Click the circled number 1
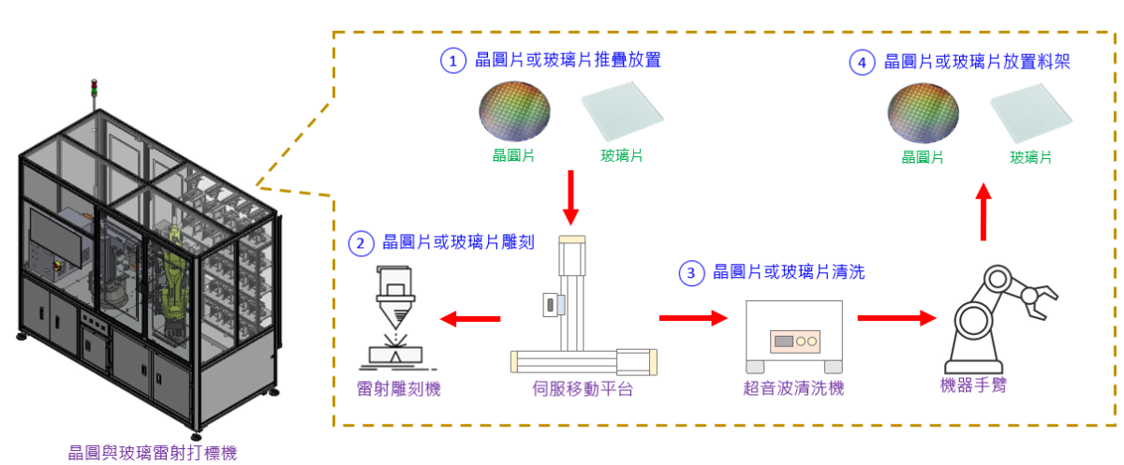[x=453, y=62]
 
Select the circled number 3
[x=691, y=273]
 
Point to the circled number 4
[x=862, y=63]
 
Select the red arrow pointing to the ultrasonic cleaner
[x=693, y=318]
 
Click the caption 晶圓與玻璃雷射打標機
[x=153, y=453]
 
